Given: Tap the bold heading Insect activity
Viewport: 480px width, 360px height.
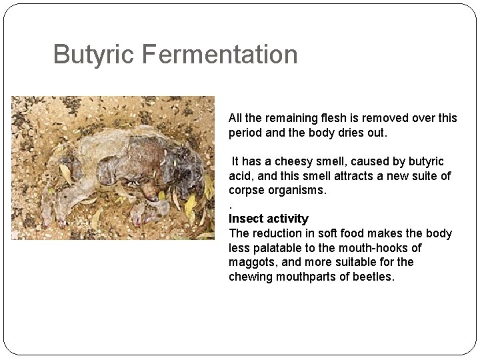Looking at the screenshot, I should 269,219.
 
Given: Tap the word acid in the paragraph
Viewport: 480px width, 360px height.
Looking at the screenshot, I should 239,176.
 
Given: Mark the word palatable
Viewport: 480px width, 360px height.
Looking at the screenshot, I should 274,248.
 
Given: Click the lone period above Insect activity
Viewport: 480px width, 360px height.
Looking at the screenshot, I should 230,206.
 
